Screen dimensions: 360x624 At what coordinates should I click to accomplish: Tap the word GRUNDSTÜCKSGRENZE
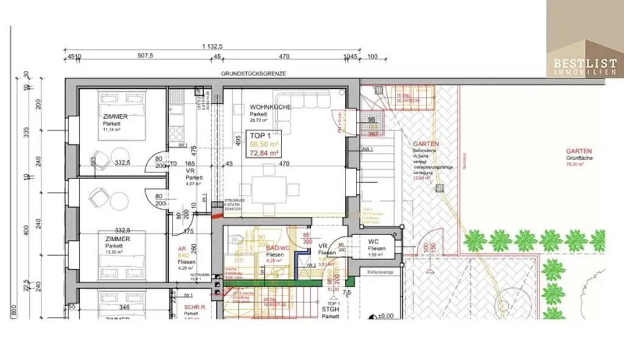pyautogui.click(x=253, y=74)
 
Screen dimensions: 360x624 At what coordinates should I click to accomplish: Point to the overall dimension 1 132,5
pyautogui.click(x=212, y=47)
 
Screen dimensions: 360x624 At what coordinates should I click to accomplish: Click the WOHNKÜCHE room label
pyautogui.click(x=270, y=107)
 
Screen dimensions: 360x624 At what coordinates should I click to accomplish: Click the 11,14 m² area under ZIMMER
pyautogui.click(x=114, y=130)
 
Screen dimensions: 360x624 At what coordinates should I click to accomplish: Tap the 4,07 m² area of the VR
pyautogui.click(x=196, y=184)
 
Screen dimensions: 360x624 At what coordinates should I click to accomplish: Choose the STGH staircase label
pyautogui.click(x=331, y=309)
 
